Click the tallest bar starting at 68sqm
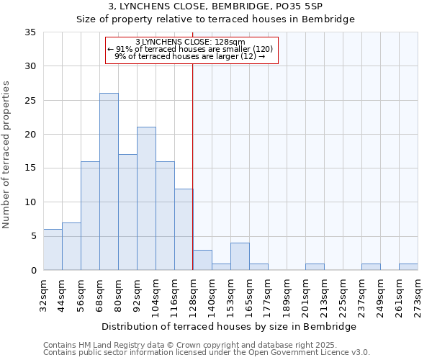pos(109,181)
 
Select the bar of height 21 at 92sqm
pos(146,199)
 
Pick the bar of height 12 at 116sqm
pos(184,229)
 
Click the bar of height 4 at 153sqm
pos(240,256)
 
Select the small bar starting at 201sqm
pos(315,267)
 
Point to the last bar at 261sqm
pos(408,267)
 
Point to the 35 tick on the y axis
pos(30,32)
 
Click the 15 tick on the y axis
pos(30,168)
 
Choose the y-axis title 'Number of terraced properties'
pos(7,155)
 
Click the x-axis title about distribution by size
pos(230,327)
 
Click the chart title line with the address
pos(216,6)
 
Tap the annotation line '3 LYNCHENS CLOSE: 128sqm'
pos(191,42)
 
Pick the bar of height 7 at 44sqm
pos(71,246)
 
